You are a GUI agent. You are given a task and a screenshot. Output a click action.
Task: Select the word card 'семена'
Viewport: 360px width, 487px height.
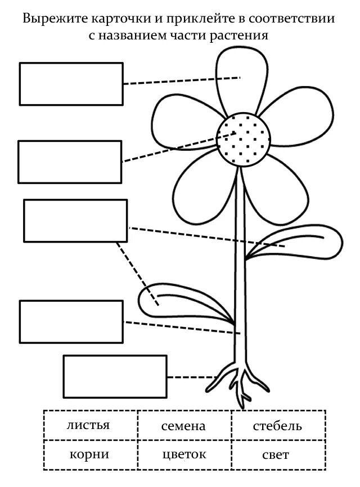pyautogui.click(x=184, y=427)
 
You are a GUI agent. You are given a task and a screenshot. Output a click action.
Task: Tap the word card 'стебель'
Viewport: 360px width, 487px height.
pyautogui.click(x=277, y=426)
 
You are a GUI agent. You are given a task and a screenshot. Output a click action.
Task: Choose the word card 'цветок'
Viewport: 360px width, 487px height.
pyautogui.click(x=184, y=454)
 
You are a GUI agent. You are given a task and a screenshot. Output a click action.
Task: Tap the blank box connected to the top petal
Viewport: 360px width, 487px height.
pyautogui.click(x=71, y=84)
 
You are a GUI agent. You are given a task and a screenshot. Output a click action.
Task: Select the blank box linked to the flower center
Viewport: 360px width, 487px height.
pyautogui.click(x=70, y=162)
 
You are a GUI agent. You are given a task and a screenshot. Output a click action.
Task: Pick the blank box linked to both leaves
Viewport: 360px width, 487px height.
pyautogui.click(x=75, y=221)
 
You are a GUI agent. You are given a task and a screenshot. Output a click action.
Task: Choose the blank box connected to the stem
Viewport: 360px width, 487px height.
pyautogui.click(x=71, y=321)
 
